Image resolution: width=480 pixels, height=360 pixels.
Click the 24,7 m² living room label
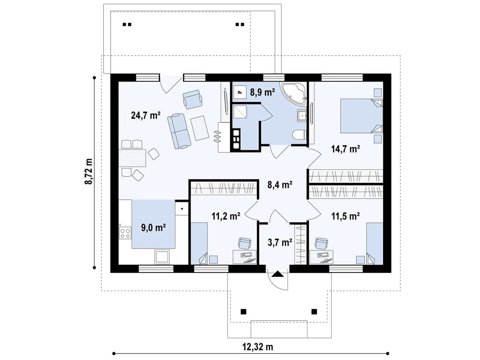pos(146,115)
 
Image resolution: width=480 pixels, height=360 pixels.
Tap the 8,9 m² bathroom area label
pos(262,92)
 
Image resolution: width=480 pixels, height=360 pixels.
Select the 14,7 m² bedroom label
pos(345,149)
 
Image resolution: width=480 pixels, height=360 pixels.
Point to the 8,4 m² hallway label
pos(280,185)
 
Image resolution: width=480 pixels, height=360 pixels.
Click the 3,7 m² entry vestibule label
pos(280,242)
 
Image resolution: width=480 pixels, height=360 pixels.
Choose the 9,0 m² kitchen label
pos(153,228)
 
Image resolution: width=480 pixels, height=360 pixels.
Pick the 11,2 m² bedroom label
pos(226,216)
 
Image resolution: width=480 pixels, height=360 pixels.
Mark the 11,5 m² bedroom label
pos(345,216)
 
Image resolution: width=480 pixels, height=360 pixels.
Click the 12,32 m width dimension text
pos(258,347)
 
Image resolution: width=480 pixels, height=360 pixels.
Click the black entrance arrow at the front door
pos(278,274)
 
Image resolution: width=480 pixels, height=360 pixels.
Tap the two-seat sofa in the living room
pos(179,131)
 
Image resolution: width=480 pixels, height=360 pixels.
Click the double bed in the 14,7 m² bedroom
pos(361,116)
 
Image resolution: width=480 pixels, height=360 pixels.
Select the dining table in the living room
pos(132,157)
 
